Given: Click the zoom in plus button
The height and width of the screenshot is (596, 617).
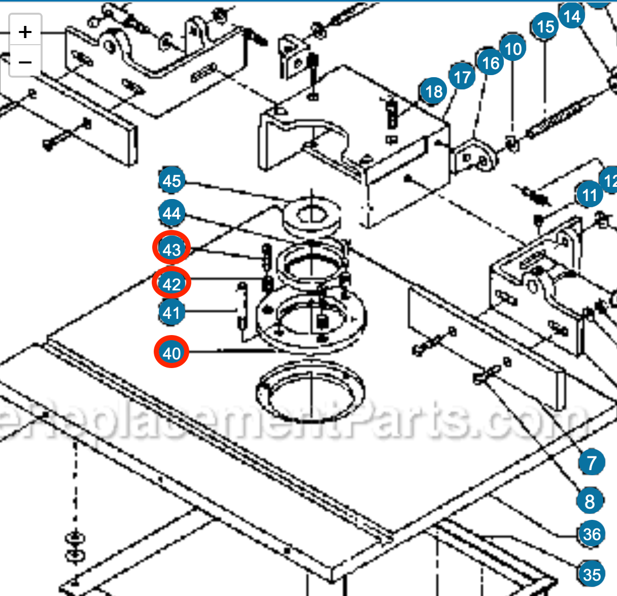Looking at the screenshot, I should point(25,32).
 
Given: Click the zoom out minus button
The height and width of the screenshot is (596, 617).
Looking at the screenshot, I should point(25,62).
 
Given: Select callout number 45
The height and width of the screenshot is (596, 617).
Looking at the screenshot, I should point(172,181).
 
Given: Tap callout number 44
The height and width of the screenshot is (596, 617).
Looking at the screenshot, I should point(172,213).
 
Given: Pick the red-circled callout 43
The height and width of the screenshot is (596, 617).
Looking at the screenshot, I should point(172,249).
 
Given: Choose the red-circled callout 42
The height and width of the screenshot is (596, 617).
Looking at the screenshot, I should point(172,283).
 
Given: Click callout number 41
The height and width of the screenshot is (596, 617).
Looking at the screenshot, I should point(172,313).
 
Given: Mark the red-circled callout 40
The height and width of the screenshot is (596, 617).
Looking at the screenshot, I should point(172,352).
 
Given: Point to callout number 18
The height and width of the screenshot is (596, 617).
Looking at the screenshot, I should point(433,92).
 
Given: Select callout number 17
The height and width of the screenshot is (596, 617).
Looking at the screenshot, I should point(462,78).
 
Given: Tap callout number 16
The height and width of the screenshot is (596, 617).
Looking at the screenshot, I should point(490,63).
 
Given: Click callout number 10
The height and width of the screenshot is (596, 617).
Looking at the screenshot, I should point(513,49).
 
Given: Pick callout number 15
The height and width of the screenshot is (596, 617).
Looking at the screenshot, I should point(545,26).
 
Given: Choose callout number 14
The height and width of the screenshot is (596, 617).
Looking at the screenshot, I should point(571,16).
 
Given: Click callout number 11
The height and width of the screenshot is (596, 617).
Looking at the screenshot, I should point(589,195).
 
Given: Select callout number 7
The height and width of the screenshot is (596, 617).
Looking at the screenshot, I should point(592,462).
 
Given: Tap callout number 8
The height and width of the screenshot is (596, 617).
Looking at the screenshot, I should point(590,502).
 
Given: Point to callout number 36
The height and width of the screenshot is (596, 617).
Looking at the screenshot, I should point(592,534).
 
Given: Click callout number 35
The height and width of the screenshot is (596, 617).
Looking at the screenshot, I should point(592,574).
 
